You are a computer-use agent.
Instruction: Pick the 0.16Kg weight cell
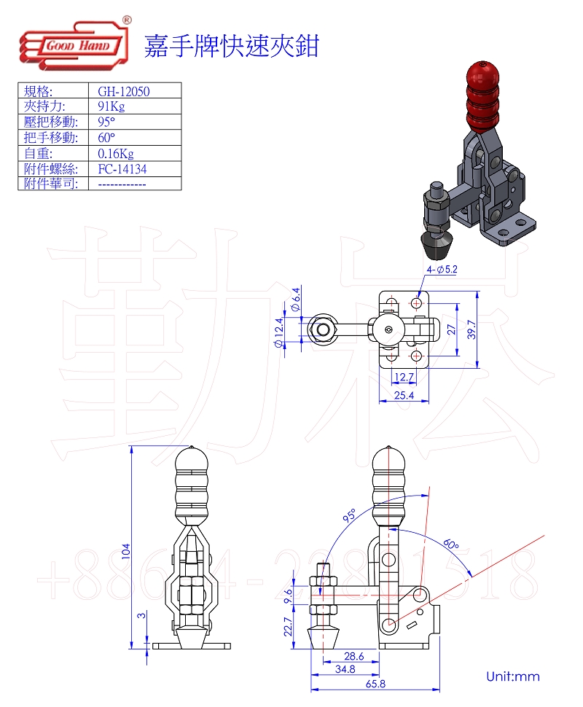[116, 153]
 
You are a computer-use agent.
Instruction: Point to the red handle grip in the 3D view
[483, 95]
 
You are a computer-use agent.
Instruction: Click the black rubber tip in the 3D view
[437, 246]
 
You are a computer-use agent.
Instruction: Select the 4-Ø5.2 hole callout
[442, 269]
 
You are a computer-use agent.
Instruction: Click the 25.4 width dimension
[403, 396]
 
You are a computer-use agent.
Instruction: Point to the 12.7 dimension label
[404, 377]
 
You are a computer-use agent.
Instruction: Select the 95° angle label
[349, 517]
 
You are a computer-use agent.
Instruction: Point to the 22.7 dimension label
[287, 627]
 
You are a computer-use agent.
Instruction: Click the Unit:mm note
[513, 676]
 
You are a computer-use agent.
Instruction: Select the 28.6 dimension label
[355, 656]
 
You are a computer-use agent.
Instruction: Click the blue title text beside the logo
[232, 46]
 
